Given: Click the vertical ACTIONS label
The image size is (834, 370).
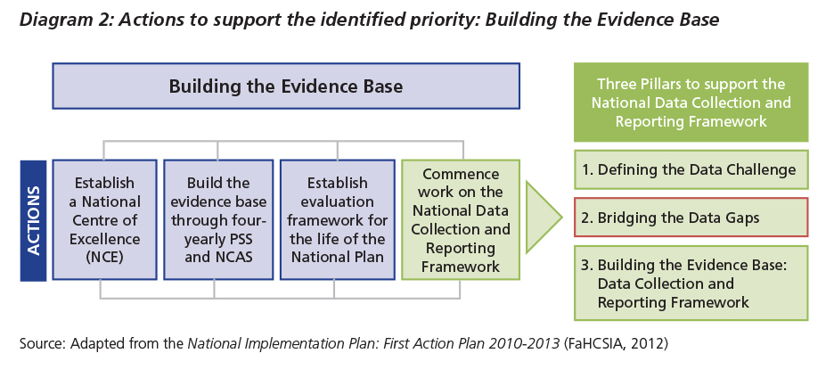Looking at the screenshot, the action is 33,220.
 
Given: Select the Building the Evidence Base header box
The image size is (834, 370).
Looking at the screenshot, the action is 286,86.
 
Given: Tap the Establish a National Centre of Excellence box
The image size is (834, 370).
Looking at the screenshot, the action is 105,220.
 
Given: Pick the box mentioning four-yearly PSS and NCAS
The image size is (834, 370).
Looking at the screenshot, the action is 218,220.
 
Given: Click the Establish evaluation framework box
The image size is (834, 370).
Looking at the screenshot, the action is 337,220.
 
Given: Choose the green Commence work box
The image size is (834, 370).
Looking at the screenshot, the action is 461,220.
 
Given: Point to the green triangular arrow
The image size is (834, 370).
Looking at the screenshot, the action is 544,218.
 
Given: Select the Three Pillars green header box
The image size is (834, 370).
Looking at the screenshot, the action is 691,103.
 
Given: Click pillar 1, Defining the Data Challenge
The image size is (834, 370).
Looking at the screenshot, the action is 691,169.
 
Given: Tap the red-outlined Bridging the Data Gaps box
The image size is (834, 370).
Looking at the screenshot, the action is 691,218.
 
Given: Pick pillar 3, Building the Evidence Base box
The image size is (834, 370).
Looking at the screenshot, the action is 691,284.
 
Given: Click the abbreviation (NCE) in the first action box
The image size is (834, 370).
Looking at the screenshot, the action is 105,257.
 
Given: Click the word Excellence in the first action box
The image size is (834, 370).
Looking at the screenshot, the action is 105,239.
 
